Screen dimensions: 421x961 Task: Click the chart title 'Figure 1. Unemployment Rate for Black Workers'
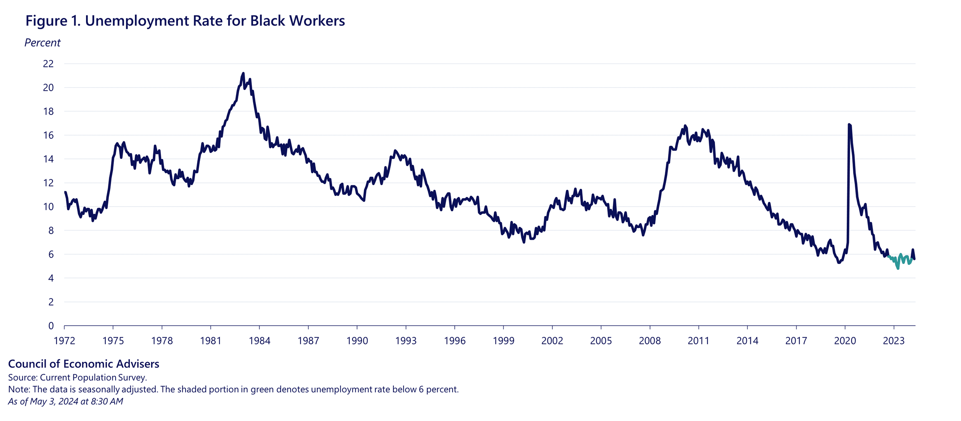click(185, 21)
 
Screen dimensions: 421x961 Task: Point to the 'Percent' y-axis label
click(42, 43)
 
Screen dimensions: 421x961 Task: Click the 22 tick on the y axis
click(48, 64)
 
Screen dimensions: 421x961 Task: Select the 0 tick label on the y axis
click(51, 326)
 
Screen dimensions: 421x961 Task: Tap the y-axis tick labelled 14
click(48, 159)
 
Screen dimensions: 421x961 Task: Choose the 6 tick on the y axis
click(51, 255)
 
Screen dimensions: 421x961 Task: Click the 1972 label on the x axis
click(65, 341)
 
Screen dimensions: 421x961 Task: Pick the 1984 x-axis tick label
click(259, 341)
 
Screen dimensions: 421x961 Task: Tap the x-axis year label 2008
click(650, 341)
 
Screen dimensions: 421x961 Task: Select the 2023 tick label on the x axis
click(893, 341)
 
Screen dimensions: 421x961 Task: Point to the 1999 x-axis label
click(503, 341)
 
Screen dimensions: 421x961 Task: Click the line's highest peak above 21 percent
click(243, 73)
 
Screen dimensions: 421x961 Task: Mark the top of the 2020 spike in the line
click(849, 125)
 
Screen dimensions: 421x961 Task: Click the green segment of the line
click(898, 264)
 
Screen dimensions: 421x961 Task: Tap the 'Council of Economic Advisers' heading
click(84, 364)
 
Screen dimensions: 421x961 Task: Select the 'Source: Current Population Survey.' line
click(78, 378)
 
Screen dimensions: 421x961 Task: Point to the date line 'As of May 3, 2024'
click(65, 402)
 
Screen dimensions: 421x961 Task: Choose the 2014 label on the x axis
click(747, 341)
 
